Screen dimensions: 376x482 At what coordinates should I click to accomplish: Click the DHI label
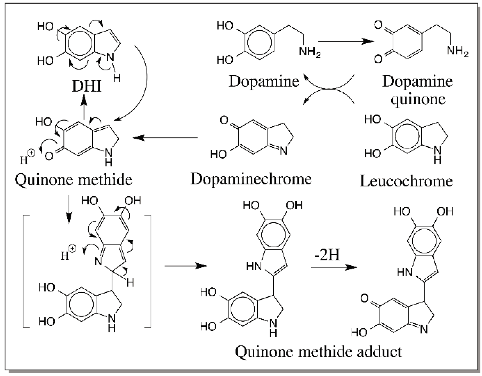coord(87,86)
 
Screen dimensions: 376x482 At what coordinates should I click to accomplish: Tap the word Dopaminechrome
coord(251,179)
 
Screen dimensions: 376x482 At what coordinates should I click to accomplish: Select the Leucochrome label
coord(406,181)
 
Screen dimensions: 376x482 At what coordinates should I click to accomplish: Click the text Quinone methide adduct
coord(318,352)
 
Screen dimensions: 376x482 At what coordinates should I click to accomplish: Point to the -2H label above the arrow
coord(327,255)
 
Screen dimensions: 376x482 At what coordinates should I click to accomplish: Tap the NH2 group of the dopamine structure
coord(309,51)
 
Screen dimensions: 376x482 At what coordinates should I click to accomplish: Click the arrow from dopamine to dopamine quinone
coord(345,41)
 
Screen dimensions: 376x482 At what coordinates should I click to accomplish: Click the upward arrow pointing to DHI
coord(84,107)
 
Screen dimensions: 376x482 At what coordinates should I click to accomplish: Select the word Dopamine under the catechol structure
coord(264,81)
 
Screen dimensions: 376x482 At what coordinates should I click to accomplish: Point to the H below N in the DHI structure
coord(117,78)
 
